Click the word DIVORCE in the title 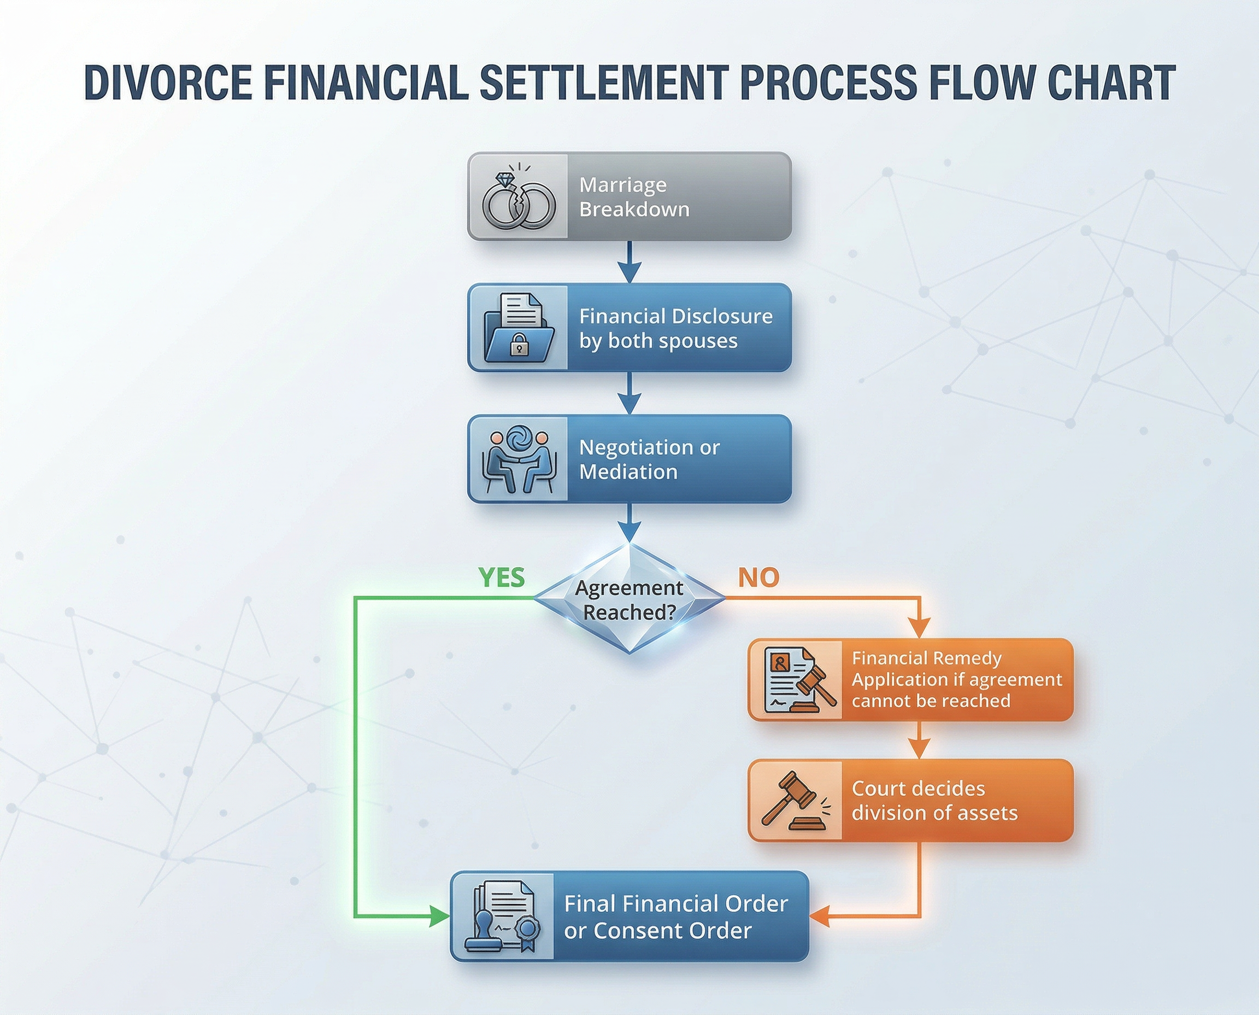168,83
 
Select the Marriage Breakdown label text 634,197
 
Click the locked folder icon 518,328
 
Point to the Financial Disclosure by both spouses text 675,328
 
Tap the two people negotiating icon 518,460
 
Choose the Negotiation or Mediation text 649,459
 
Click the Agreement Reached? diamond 629,599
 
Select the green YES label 501,577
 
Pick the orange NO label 758,577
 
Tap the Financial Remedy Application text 956,679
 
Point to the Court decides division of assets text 934,801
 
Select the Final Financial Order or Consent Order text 675,917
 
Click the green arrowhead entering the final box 439,916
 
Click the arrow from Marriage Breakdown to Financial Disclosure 629,262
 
